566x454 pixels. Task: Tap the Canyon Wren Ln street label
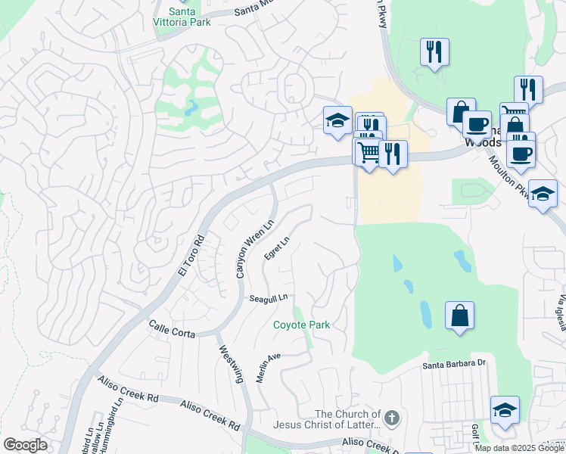click(253, 248)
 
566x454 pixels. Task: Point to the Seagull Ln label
click(269, 298)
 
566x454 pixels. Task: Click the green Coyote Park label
click(302, 325)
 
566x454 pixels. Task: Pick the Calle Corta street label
click(172, 329)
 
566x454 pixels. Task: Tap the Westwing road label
click(234, 364)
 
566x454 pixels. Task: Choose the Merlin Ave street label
click(268, 367)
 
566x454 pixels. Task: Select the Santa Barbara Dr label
click(453, 364)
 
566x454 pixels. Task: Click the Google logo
click(25, 445)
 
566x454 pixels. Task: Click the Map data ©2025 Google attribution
click(519, 448)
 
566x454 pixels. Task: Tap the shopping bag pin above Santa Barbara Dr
click(459, 316)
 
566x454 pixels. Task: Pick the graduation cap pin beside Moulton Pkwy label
click(543, 194)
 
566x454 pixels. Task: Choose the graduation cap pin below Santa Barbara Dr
click(505, 411)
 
